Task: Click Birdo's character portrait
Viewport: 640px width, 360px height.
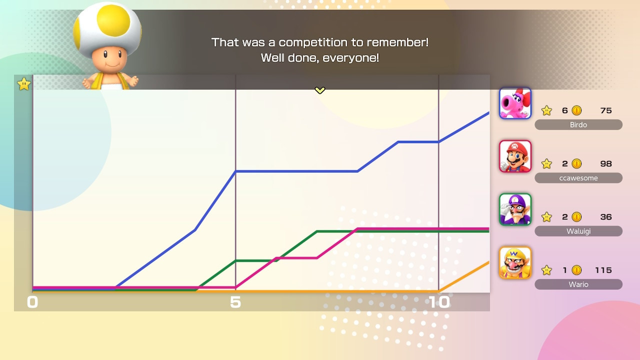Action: [x=515, y=103]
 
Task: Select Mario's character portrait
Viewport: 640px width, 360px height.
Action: [x=515, y=156]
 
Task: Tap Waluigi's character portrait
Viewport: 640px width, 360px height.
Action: [x=515, y=209]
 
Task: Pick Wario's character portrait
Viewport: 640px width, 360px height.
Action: [x=515, y=262]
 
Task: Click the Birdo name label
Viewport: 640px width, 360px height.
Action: [x=578, y=125]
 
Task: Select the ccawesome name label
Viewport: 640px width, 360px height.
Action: [x=578, y=178]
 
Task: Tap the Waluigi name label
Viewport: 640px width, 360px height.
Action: [x=578, y=231]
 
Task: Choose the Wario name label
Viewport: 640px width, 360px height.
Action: [x=578, y=284]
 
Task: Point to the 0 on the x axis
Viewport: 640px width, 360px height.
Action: [x=32, y=302]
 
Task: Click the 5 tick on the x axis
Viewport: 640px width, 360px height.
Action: [x=235, y=302]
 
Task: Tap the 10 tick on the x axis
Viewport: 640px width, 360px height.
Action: [x=439, y=302]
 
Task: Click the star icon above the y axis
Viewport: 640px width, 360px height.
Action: [x=23, y=84]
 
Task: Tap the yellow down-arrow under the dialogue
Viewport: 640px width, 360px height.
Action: [x=319, y=90]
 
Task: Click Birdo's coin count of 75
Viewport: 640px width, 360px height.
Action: [x=606, y=110]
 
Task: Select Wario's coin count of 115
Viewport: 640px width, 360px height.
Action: [x=603, y=270]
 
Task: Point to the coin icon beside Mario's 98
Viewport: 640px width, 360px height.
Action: [x=576, y=163]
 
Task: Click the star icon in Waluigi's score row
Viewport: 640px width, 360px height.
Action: [x=546, y=217]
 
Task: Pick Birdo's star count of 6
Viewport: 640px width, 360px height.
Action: [x=565, y=110]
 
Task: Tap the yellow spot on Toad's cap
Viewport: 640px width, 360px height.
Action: [x=113, y=20]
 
